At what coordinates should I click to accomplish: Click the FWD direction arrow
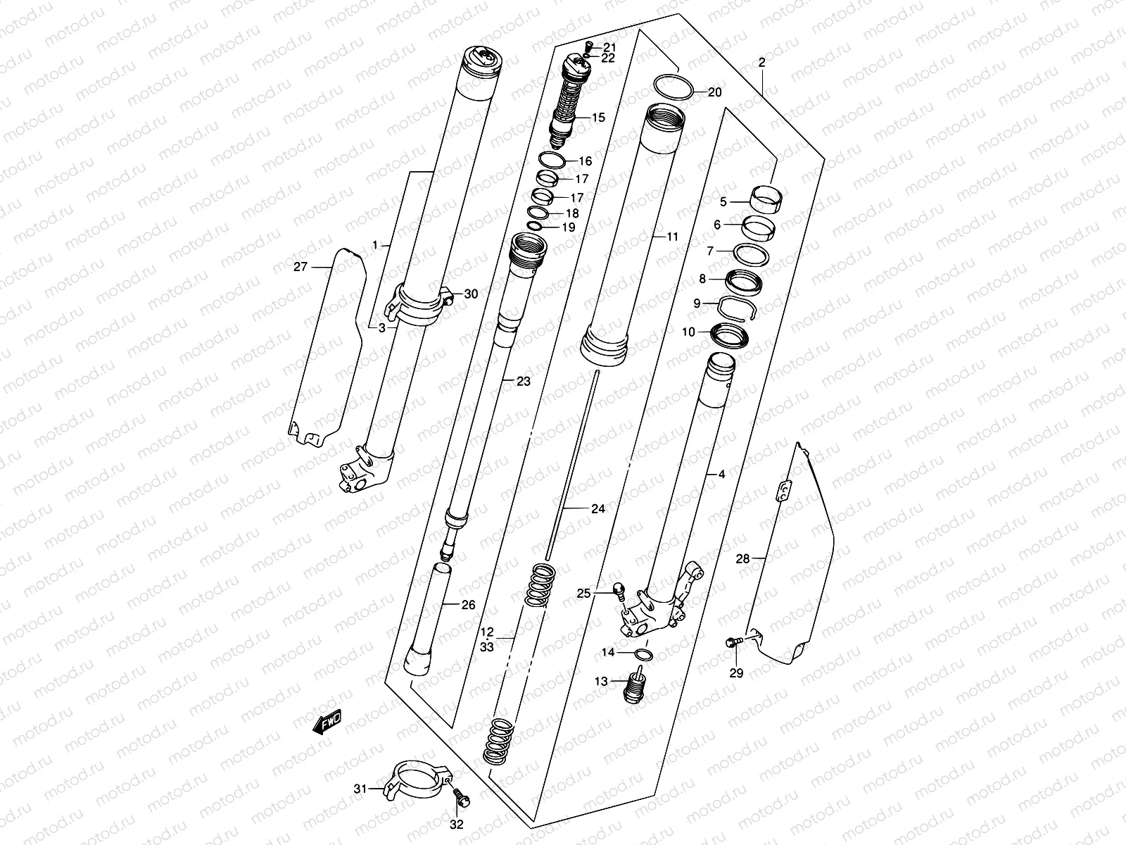click(x=327, y=722)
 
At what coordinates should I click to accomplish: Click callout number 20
click(x=714, y=92)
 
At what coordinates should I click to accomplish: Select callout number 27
click(x=301, y=266)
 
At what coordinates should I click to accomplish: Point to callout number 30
click(x=471, y=294)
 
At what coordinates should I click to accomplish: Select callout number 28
click(x=743, y=560)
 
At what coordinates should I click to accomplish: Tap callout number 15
click(x=598, y=118)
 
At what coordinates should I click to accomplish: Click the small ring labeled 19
click(x=535, y=226)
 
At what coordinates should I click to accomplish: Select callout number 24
click(x=597, y=508)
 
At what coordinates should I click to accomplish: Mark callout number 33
click(x=487, y=645)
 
